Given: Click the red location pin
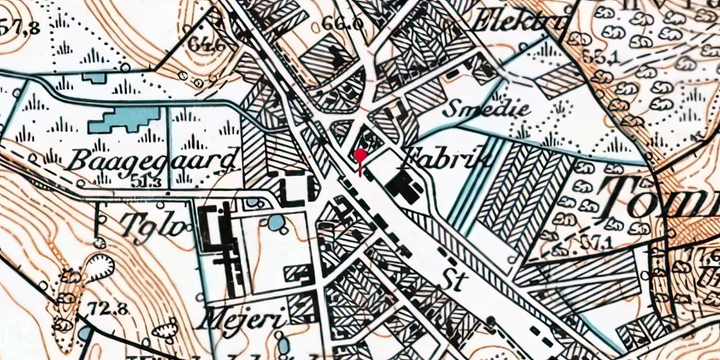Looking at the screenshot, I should click(x=360, y=155).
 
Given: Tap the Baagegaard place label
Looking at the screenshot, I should click(x=154, y=159).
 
